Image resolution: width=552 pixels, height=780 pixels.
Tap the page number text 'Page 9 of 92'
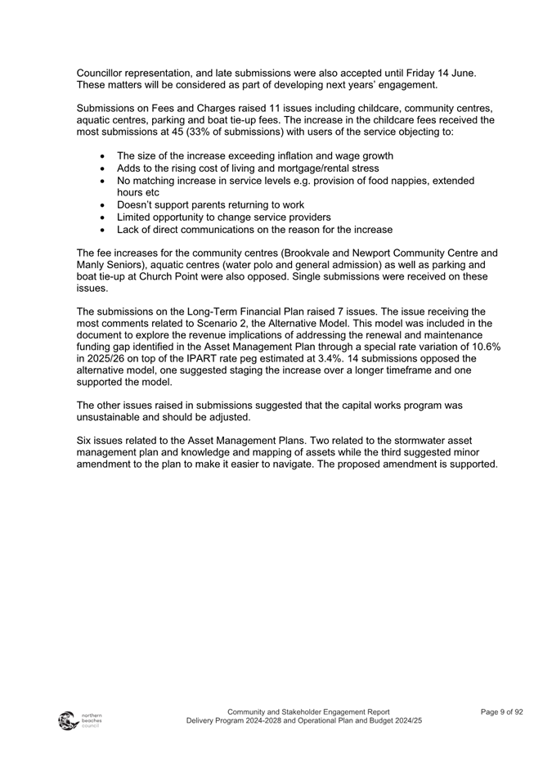pyautogui.click(x=501, y=712)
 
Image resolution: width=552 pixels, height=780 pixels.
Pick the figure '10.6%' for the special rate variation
pyautogui.click(x=484, y=347)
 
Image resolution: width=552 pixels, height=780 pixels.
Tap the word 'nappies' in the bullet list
pyautogui.click(x=415, y=180)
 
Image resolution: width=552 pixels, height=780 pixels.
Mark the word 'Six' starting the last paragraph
pyautogui.click(x=85, y=441)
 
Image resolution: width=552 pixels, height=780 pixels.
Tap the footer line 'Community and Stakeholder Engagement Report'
pyautogui.click(x=308, y=712)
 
